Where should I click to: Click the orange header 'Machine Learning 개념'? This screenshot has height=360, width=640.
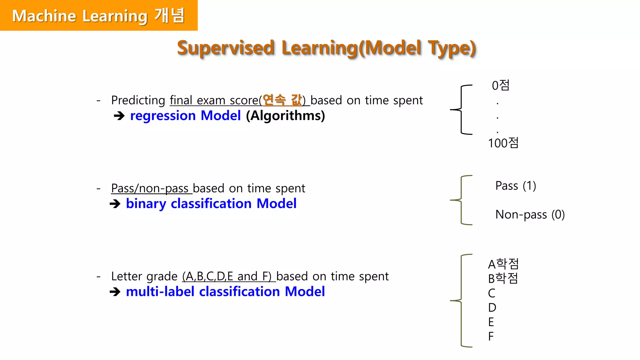[98, 16]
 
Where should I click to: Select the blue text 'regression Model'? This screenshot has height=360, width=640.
[185, 116]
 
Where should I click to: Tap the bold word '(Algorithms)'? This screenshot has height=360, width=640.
[285, 116]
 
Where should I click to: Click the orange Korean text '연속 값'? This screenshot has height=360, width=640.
[282, 100]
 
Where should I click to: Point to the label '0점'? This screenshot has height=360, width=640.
[501, 85]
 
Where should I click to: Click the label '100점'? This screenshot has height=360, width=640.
[503, 143]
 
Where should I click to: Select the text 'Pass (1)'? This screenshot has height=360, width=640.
[516, 186]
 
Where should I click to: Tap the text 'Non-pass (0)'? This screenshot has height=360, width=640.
[530, 215]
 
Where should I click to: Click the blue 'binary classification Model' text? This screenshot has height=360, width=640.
[211, 204]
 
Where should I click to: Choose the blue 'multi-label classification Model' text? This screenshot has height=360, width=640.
[225, 292]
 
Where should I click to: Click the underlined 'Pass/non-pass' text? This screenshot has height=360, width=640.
[150, 188]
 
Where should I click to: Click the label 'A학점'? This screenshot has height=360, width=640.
[503, 264]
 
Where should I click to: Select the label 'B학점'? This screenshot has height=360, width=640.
[503, 278]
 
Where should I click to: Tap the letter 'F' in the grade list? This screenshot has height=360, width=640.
[491, 337]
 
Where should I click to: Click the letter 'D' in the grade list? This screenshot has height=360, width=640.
[492, 308]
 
